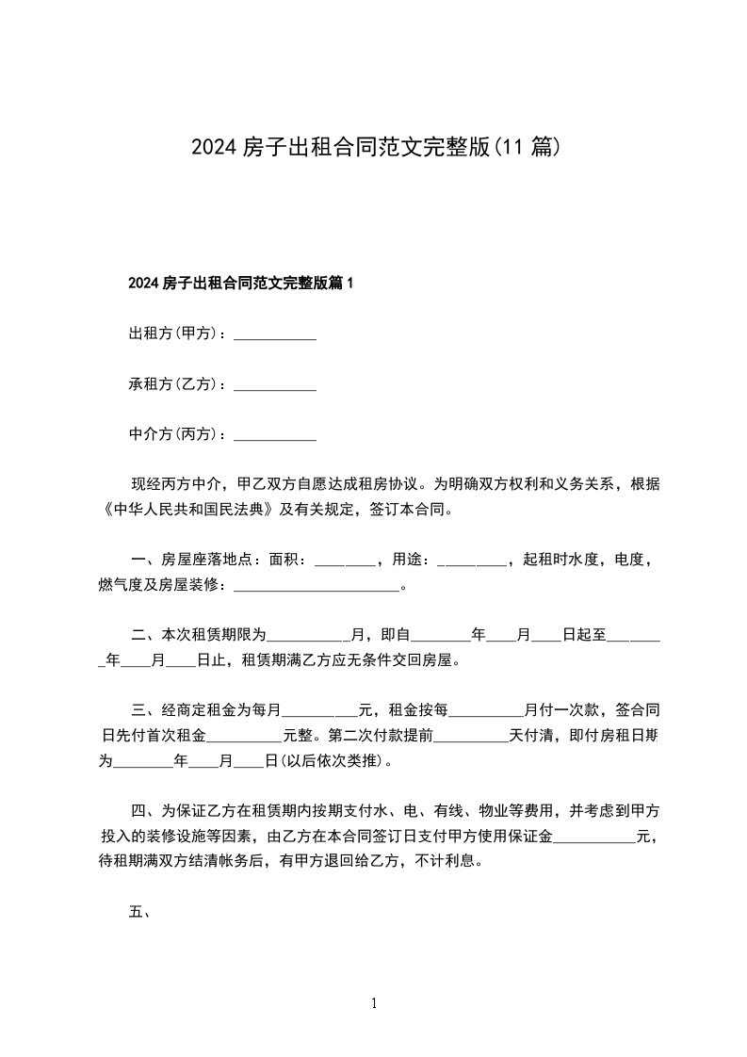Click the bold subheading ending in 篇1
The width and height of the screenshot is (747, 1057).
239,283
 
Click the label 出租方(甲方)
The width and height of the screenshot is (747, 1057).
173,333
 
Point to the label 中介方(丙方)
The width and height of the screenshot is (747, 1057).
173,435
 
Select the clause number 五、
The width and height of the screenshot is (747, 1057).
140,912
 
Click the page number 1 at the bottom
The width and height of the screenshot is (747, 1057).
374,1004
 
